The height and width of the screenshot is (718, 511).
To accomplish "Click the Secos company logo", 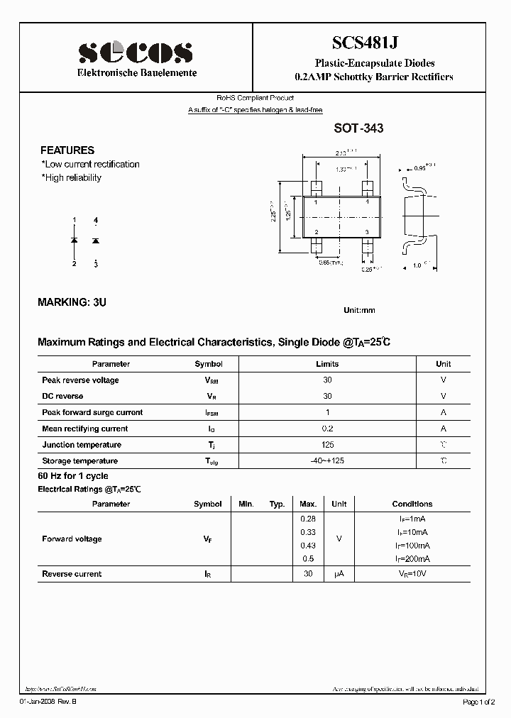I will [x=136, y=52].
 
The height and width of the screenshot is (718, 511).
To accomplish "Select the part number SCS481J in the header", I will [x=373, y=43].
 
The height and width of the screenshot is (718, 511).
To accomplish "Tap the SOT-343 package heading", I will [x=358, y=128].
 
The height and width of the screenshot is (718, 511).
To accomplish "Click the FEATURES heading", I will [x=67, y=150].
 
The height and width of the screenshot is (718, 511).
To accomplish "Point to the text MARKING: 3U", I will [x=72, y=302].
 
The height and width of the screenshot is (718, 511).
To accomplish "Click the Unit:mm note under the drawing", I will [x=359, y=310].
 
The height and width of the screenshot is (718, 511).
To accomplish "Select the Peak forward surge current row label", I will [x=92, y=412].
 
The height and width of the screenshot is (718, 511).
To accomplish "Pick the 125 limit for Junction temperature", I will [x=327, y=445].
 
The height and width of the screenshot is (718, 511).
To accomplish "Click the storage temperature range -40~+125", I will [x=327, y=461].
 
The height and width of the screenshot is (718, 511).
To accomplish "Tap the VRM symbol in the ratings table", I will [x=211, y=380].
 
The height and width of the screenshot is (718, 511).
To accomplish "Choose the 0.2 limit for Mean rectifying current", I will [x=327, y=429].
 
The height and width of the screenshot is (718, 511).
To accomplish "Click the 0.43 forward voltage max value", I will [x=308, y=545].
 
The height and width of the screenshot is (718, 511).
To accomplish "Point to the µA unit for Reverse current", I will [x=339, y=574].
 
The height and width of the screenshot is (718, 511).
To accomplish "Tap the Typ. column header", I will [x=277, y=504].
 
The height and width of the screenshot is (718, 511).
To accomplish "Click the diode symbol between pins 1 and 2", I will [x=75, y=242].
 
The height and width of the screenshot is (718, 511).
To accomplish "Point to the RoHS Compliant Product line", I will [x=255, y=98].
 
